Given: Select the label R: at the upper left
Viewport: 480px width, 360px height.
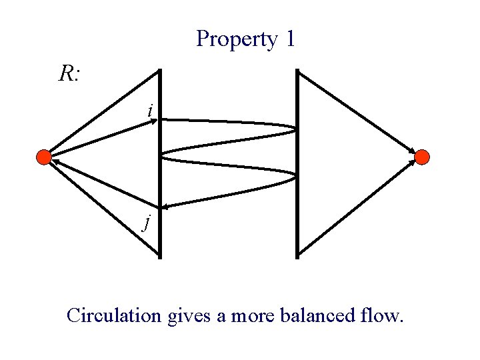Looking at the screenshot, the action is pos(69,75).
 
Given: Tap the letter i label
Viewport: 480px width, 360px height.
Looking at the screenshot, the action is pos(151,109).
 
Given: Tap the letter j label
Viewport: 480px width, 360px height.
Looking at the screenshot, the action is pos(146,221).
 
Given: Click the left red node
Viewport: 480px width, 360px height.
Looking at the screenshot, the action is pos(43,157).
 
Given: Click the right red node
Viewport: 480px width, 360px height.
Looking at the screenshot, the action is pos(422,157).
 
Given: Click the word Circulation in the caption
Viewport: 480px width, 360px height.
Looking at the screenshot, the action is pos(114,315).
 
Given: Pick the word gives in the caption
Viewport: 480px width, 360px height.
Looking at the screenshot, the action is pos(189,315).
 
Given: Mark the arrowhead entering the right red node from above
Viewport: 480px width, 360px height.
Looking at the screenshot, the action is pos(411,149).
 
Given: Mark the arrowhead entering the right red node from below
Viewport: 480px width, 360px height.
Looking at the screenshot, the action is pos(411,166).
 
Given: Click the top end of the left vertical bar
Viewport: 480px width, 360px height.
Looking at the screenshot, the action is pos(160,70).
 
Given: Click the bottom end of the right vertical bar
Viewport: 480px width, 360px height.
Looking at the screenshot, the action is pos(297,256).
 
